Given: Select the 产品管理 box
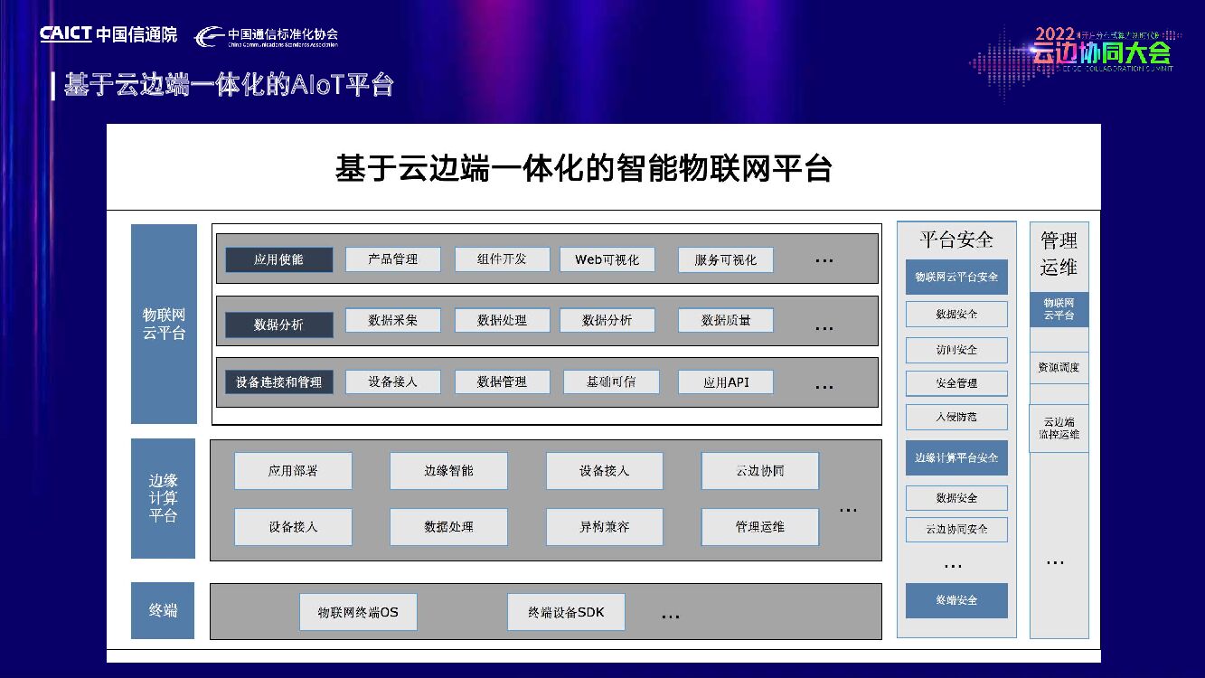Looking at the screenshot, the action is tap(393, 259).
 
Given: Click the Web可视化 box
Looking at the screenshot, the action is tap(607, 259).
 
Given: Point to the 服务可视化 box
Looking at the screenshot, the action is tap(726, 260).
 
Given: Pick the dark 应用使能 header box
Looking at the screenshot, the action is tap(278, 259).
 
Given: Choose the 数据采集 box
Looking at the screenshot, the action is tap(393, 320).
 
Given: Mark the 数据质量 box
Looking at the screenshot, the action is tap(726, 320).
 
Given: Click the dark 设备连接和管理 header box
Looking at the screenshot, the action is tap(278, 381).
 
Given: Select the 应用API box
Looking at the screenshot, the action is tap(726, 382).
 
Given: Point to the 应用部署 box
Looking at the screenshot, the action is tap(293, 471).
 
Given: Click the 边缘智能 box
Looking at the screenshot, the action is tap(448, 471).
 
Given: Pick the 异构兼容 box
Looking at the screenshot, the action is tap(604, 527).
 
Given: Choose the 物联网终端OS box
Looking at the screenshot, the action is tap(358, 612).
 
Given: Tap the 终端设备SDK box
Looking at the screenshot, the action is tap(566, 612).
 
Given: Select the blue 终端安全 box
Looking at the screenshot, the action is tap(956, 600).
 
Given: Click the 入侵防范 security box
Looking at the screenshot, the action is tap(956, 417).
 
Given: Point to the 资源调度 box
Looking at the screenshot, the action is tap(1059, 368).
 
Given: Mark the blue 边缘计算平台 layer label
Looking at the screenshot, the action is tap(164, 498).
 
